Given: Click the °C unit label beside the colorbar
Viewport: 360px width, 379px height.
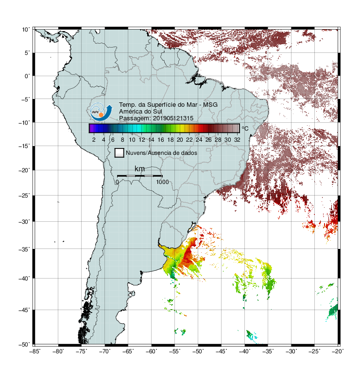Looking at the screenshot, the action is [245, 128].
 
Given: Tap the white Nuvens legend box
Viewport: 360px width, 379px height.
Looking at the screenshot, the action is [120, 153].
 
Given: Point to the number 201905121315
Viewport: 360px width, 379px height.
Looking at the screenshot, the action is [173, 118].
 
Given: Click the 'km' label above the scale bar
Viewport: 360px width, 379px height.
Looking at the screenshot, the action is [139, 169].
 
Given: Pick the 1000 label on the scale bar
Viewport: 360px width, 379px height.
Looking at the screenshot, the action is [162, 182].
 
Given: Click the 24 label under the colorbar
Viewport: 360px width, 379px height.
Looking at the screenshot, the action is [199, 140].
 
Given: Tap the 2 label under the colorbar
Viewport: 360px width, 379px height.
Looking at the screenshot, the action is [94, 140].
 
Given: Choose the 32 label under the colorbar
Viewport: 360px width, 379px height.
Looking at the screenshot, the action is [237, 140].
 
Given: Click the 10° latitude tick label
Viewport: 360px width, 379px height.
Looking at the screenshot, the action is [26, 30].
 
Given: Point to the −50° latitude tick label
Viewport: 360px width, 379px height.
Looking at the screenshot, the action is [24, 345].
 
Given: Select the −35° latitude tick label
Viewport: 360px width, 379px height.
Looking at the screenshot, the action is [24, 249].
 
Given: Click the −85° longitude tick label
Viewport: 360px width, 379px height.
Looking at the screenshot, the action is [35, 351].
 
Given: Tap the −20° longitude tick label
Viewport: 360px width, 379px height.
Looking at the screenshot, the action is [338, 351].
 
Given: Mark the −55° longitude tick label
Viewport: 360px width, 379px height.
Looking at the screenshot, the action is [175, 351].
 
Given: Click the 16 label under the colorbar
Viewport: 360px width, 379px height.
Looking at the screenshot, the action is [161, 140].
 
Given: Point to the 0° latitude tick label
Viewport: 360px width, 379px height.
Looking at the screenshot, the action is [27, 76].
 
